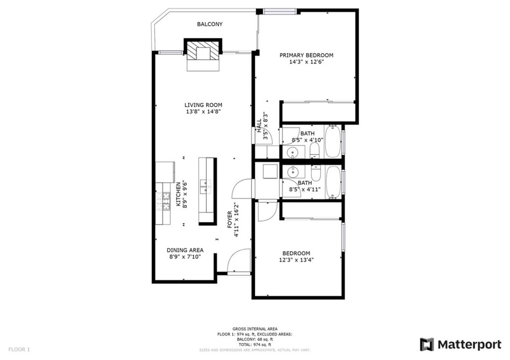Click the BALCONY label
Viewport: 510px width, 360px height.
tap(210, 24)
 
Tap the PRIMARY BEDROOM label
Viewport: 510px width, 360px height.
tap(306, 55)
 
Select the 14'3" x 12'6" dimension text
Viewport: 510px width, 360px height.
tap(307, 62)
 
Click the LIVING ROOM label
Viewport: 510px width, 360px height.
tap(203, 105)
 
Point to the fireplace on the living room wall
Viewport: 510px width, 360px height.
tap(203, 54)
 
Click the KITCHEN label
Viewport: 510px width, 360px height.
tap(178, 194)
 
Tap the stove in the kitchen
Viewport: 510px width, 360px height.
tap(163, 201)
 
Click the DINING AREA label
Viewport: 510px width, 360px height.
tap(185, 250)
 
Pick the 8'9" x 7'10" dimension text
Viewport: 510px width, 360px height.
tap(185, 257)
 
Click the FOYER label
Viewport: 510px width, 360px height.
tap(230, 220)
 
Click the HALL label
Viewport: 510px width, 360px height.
tap(259, 125)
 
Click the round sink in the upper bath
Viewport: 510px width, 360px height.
tap(293, 152)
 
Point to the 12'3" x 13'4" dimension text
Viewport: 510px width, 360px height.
tap(296, 260)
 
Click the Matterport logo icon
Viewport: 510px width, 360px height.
tap(427, 345)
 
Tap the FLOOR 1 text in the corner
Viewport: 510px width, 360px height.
tap(19, 350)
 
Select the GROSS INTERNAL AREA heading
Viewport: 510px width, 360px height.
tap(255, 329)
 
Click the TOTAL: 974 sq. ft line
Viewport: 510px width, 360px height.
tap(255, 345)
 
